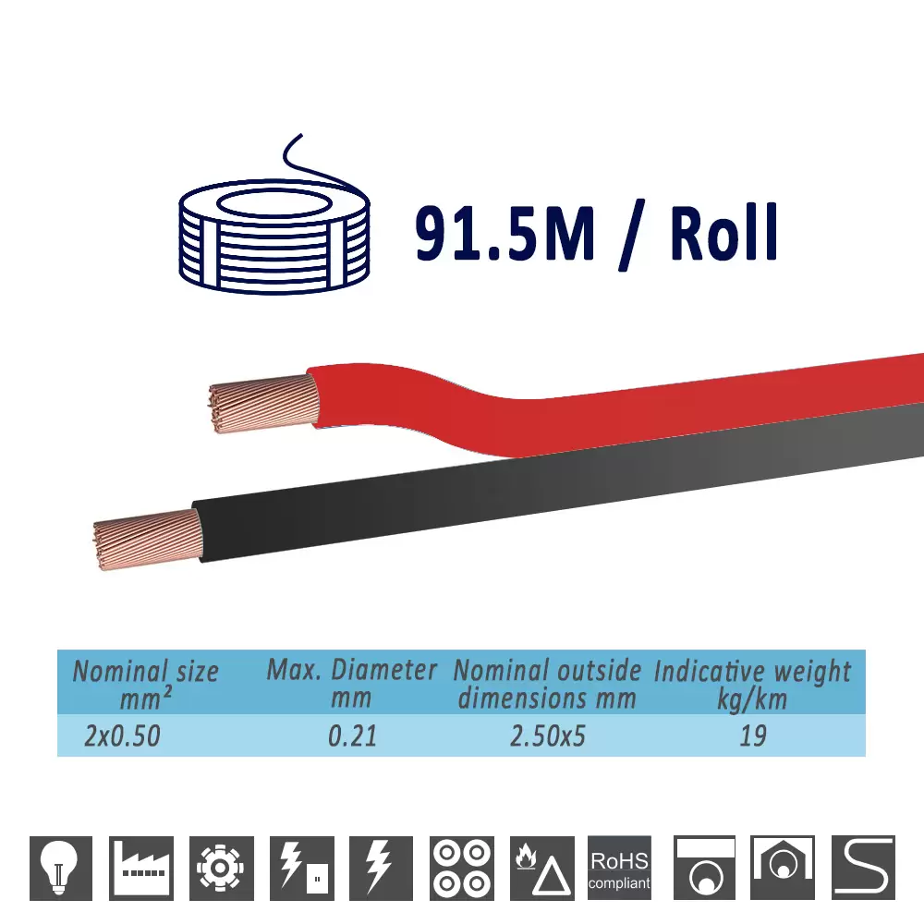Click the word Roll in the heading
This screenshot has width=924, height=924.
[724, 232]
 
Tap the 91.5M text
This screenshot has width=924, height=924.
[505, 232]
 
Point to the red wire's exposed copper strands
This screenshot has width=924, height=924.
[263, 404]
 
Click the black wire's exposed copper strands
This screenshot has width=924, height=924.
[148, 540]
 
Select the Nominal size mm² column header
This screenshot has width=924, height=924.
[146, 684]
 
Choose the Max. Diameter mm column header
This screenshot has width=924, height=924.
[352, 684]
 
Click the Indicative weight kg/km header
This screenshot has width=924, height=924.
[752, 685]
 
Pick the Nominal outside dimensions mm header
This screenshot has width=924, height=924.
[547, 684]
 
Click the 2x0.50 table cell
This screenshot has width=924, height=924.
[123, 736]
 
